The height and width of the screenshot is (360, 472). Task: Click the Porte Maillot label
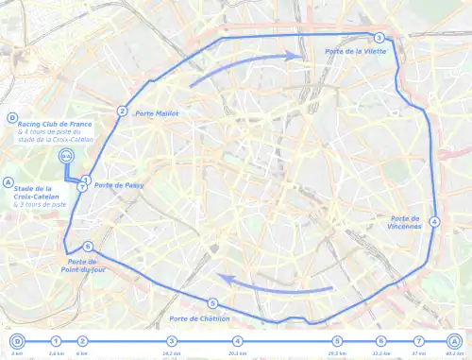[x=157, y=113]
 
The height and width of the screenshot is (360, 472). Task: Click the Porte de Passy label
[x=117, y=185]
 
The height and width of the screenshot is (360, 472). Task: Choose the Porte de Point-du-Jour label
[x=83, y=266]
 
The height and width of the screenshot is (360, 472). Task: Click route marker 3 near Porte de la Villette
[x=378, y=38]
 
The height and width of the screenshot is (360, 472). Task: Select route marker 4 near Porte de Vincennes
[x=434, y=222]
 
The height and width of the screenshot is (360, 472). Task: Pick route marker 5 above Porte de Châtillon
[x=212, y=303]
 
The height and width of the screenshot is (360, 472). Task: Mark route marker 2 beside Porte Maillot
[x=122, y=111]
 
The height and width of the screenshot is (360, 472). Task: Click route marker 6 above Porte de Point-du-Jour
[x=88, y=246]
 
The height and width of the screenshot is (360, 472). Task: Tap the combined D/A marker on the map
[x=65, y=156]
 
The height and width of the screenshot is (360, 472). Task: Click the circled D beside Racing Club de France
[x=11, y=118]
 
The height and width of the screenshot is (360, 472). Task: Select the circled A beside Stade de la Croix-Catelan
[x=8, y=182]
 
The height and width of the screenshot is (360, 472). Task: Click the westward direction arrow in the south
[x=274, y=283]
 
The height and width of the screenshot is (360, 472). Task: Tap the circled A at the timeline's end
[x=454, y=341]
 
